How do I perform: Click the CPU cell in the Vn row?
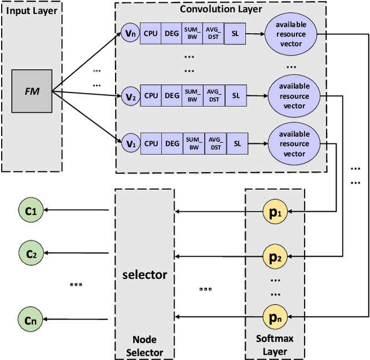[x=151, y=34]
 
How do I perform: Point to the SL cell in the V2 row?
[x=236, y=95]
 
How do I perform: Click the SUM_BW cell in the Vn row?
[x=192, y=34]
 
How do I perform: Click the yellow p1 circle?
[x=274, y=212]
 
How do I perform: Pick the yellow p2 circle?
[x=274, y=255]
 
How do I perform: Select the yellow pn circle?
[x=274, y=317]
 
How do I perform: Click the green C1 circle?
[x=30, y=212]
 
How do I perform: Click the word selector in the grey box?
[x=145, y=274]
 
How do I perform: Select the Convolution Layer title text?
[x=220, y=9]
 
